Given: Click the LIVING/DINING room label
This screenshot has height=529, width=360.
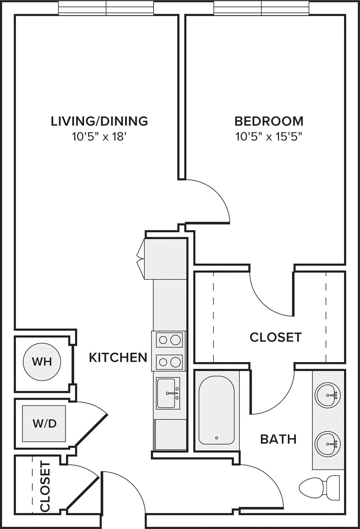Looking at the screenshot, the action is pyautogui.click(x=99, y=121).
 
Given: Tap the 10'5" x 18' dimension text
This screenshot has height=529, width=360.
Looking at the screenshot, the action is pyautogui.click(x=99, y=137).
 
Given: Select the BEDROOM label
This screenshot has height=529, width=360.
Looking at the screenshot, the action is pyautogui.click(x=269, y=121).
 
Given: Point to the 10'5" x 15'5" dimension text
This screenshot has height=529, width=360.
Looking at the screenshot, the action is pyautogui.click(x=269, y=137).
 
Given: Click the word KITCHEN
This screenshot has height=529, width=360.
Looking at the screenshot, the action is pyautogui.click(x=118, y=358).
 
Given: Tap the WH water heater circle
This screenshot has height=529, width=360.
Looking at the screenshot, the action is pyautogui.click(x=42, y=362).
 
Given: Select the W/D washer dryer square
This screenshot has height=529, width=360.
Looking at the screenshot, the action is pyautogui.click(x=44, y=423).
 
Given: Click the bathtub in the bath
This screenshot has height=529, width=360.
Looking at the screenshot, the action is pyautogui.click(x=217, y=410).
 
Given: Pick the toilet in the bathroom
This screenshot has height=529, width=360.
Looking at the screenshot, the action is pyautogui.click(x=319, y=488).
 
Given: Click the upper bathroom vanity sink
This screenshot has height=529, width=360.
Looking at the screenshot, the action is pyautogui.click(x=327, y=395).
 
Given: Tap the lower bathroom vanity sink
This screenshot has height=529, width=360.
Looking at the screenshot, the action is pyautogui.click(x=327, y=444).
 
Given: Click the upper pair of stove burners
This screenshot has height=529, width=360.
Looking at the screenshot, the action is pyautogui.click(x=169, y=340).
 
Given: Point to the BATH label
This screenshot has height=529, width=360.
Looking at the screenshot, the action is pyautogui.click(x=278, y=439).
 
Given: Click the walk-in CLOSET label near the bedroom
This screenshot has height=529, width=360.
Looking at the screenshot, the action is pyautogui.click(x=276, y=337).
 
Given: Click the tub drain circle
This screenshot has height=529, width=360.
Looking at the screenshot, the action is pyautogui.click(x=217, y=438).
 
